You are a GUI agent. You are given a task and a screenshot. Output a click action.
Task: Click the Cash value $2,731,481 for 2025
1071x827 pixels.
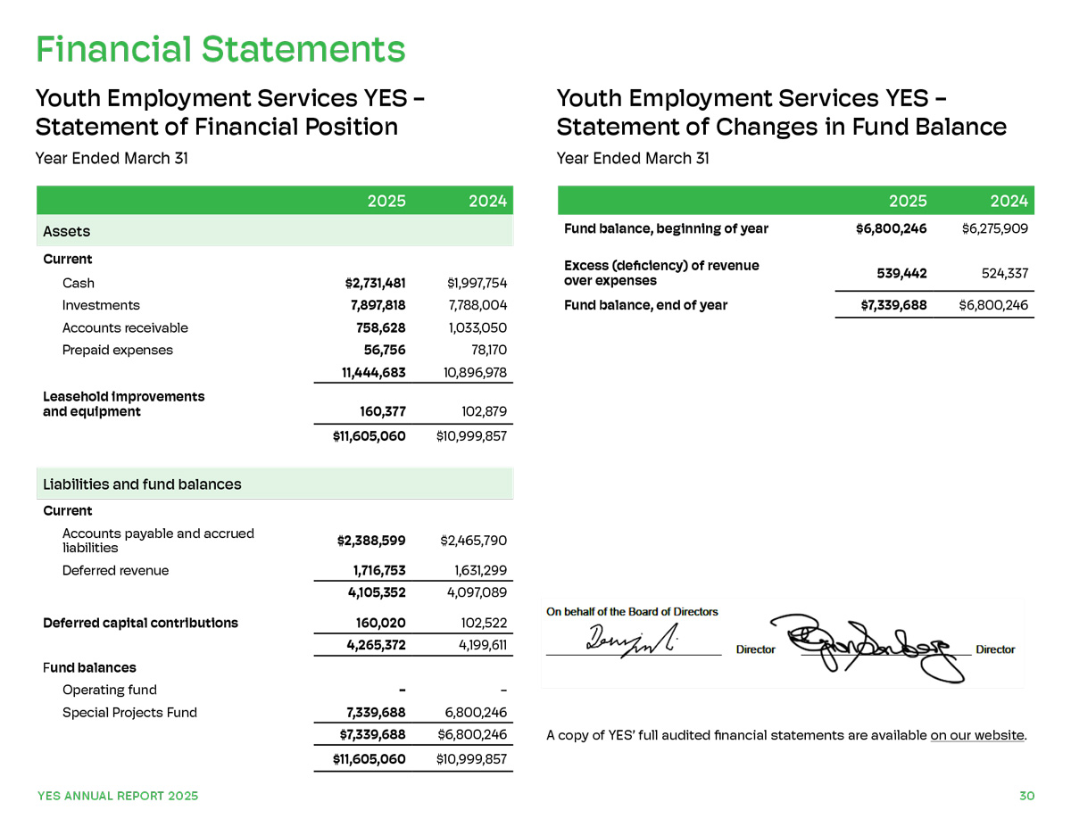[x=375, y=284]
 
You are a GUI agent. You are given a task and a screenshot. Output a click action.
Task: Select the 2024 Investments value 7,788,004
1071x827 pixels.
[x=477, y=306]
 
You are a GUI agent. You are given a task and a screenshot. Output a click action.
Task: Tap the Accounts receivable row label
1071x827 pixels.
[x=125, y=327]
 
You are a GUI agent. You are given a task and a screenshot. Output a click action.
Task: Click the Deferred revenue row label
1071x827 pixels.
[x=115, y=570]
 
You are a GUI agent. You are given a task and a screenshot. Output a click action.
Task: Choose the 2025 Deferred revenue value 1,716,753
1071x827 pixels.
[x=378, y=570]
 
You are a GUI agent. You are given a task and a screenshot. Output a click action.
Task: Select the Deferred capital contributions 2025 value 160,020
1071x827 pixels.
[x=381, y=623]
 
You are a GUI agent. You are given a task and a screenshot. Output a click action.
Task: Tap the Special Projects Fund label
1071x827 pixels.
[x=129, y=712]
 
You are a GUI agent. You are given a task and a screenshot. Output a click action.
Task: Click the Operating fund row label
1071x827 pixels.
[x=109, y=690]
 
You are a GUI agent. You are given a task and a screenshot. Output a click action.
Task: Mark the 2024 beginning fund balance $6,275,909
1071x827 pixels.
[x=994, y=228]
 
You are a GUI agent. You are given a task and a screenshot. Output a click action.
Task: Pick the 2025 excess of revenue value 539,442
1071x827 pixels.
[x=898, y=273]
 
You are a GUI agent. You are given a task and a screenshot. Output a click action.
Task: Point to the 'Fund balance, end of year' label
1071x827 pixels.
[x=645, y=305]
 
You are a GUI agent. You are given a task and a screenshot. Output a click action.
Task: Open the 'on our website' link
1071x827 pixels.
[x=976, y=735]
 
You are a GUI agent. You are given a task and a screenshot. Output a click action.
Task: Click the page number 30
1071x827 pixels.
[x=1026, y=796]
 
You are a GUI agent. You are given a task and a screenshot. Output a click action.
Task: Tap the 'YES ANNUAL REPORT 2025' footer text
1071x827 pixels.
[x=118, y=796]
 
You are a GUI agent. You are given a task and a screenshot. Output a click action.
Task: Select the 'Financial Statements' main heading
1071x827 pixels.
[x=220, y=49]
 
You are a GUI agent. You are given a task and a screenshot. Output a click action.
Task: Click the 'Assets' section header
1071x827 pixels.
[x=67, y=231]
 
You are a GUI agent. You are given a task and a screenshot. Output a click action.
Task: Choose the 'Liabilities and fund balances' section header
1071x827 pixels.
[x=143, y=484]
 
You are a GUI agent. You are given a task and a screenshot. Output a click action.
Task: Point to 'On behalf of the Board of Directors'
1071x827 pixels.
[x=632, y=612]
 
